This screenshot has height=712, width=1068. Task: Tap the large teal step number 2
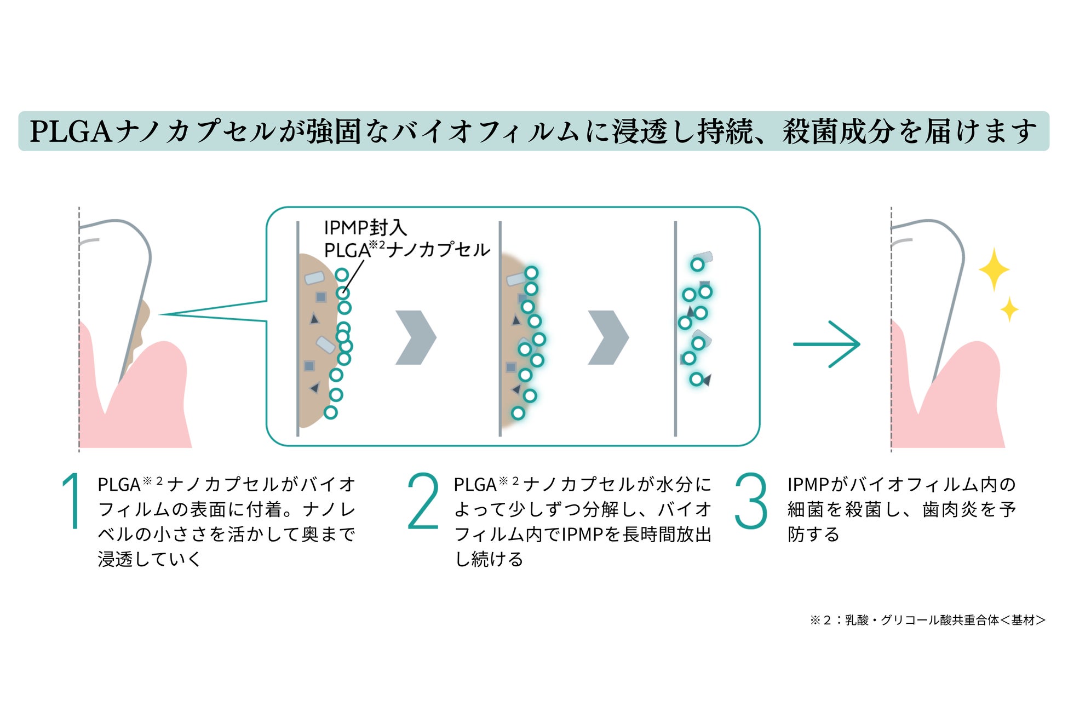423,501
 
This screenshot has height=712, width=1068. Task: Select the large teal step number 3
751,501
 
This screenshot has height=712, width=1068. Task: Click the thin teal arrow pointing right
826,344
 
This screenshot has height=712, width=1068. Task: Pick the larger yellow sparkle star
994,269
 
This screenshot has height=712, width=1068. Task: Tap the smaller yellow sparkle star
1009,309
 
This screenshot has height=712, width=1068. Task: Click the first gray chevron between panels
416,337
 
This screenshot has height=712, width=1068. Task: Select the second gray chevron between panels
608,337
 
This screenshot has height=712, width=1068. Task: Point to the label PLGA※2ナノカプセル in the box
407,250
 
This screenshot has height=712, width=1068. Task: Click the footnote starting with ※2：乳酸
927,620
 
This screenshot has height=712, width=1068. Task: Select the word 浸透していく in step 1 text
150,559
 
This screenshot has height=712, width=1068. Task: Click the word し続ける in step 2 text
489,559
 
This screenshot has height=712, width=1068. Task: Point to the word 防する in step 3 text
813,534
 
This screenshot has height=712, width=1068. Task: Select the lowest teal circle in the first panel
330,412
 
